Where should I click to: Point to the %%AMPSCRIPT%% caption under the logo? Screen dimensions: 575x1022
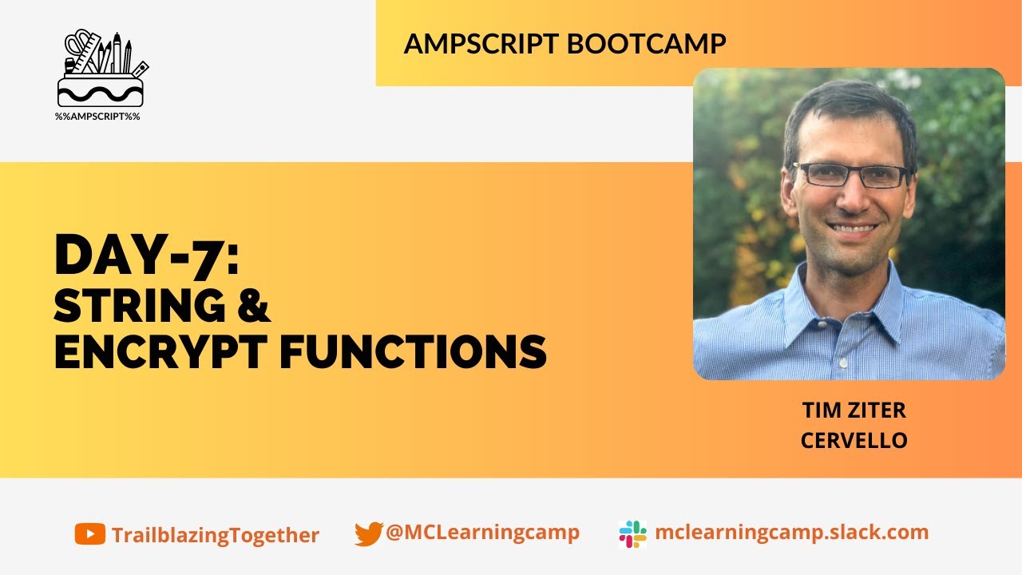pyautogui.click(x=97, y=117)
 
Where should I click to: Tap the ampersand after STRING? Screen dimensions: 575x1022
pyautogui.click(x=254, y=305)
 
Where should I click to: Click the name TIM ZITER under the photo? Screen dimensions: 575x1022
pyautogui.click(x=854, y=410)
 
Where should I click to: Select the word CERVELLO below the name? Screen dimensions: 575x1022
pyautogui.click(x=854, y=440)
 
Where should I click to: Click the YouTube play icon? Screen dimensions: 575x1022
pyautogui.click(x=89, y=533)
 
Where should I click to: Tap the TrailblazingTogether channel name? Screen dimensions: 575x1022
pyautogui.click(x=216, y=535)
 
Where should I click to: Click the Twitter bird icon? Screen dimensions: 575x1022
pyautogui.click(x=368, y=533)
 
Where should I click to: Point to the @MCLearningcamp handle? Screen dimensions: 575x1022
pyautogui.click(x=482, y=533)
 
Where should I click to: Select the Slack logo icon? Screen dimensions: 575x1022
pyautogui.click(x=632, y=533)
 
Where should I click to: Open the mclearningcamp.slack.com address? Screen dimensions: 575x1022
pyautogui.click(x=791, y=533)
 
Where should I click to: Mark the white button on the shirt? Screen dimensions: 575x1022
pyautogui.click(x=842, y=363)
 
